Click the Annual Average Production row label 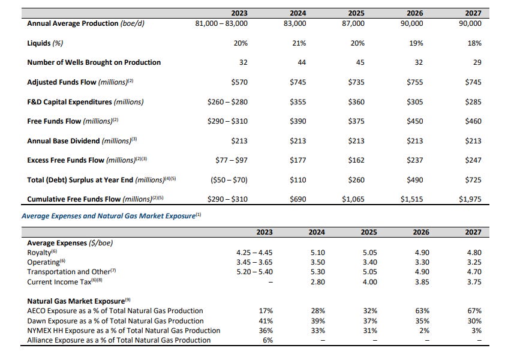click(x=86, y=23)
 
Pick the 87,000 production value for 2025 click(x=356, y=23)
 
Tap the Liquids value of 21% click(x=299, y=43)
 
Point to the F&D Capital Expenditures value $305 click(x=414, y=102)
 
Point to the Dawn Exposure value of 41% click(x=265, y=320)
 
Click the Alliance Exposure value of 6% click(x=267, y=340)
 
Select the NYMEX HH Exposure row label click(x=124, y=331)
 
